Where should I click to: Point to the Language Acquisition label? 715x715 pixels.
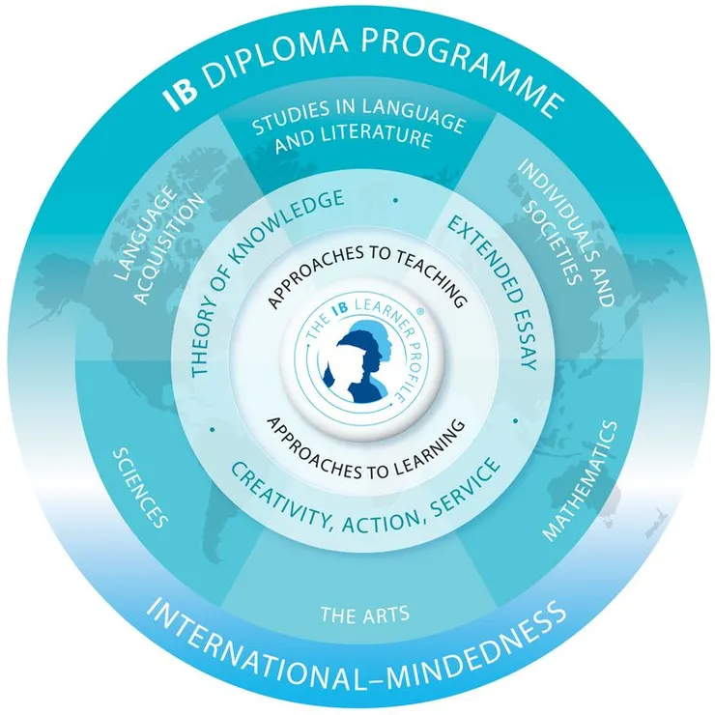[158, 245]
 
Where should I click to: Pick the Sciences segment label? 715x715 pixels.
[140, 487]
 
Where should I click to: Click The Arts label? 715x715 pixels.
[364, 615]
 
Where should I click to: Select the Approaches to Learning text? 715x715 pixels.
[365, 450]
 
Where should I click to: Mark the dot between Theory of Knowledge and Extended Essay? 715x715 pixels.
[395, 200]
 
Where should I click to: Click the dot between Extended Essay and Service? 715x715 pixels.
[516, 421]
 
